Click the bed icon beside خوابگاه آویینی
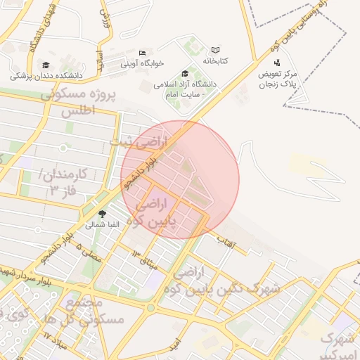(x=142, y=53)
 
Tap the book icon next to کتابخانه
(x=215, y=50)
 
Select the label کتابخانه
(x=216, y=61)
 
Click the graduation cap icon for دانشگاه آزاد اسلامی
(x=185, y=72)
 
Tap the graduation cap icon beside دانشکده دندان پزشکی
(x=46, y=65)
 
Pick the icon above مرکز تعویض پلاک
(x=277, y=63)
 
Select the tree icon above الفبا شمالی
(x=103, y=214)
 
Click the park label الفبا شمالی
(x=103, y=225)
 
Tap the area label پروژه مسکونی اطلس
(x=77, y=103)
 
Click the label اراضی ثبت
(x=139, y=143)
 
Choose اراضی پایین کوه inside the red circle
(x=148, y=212)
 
